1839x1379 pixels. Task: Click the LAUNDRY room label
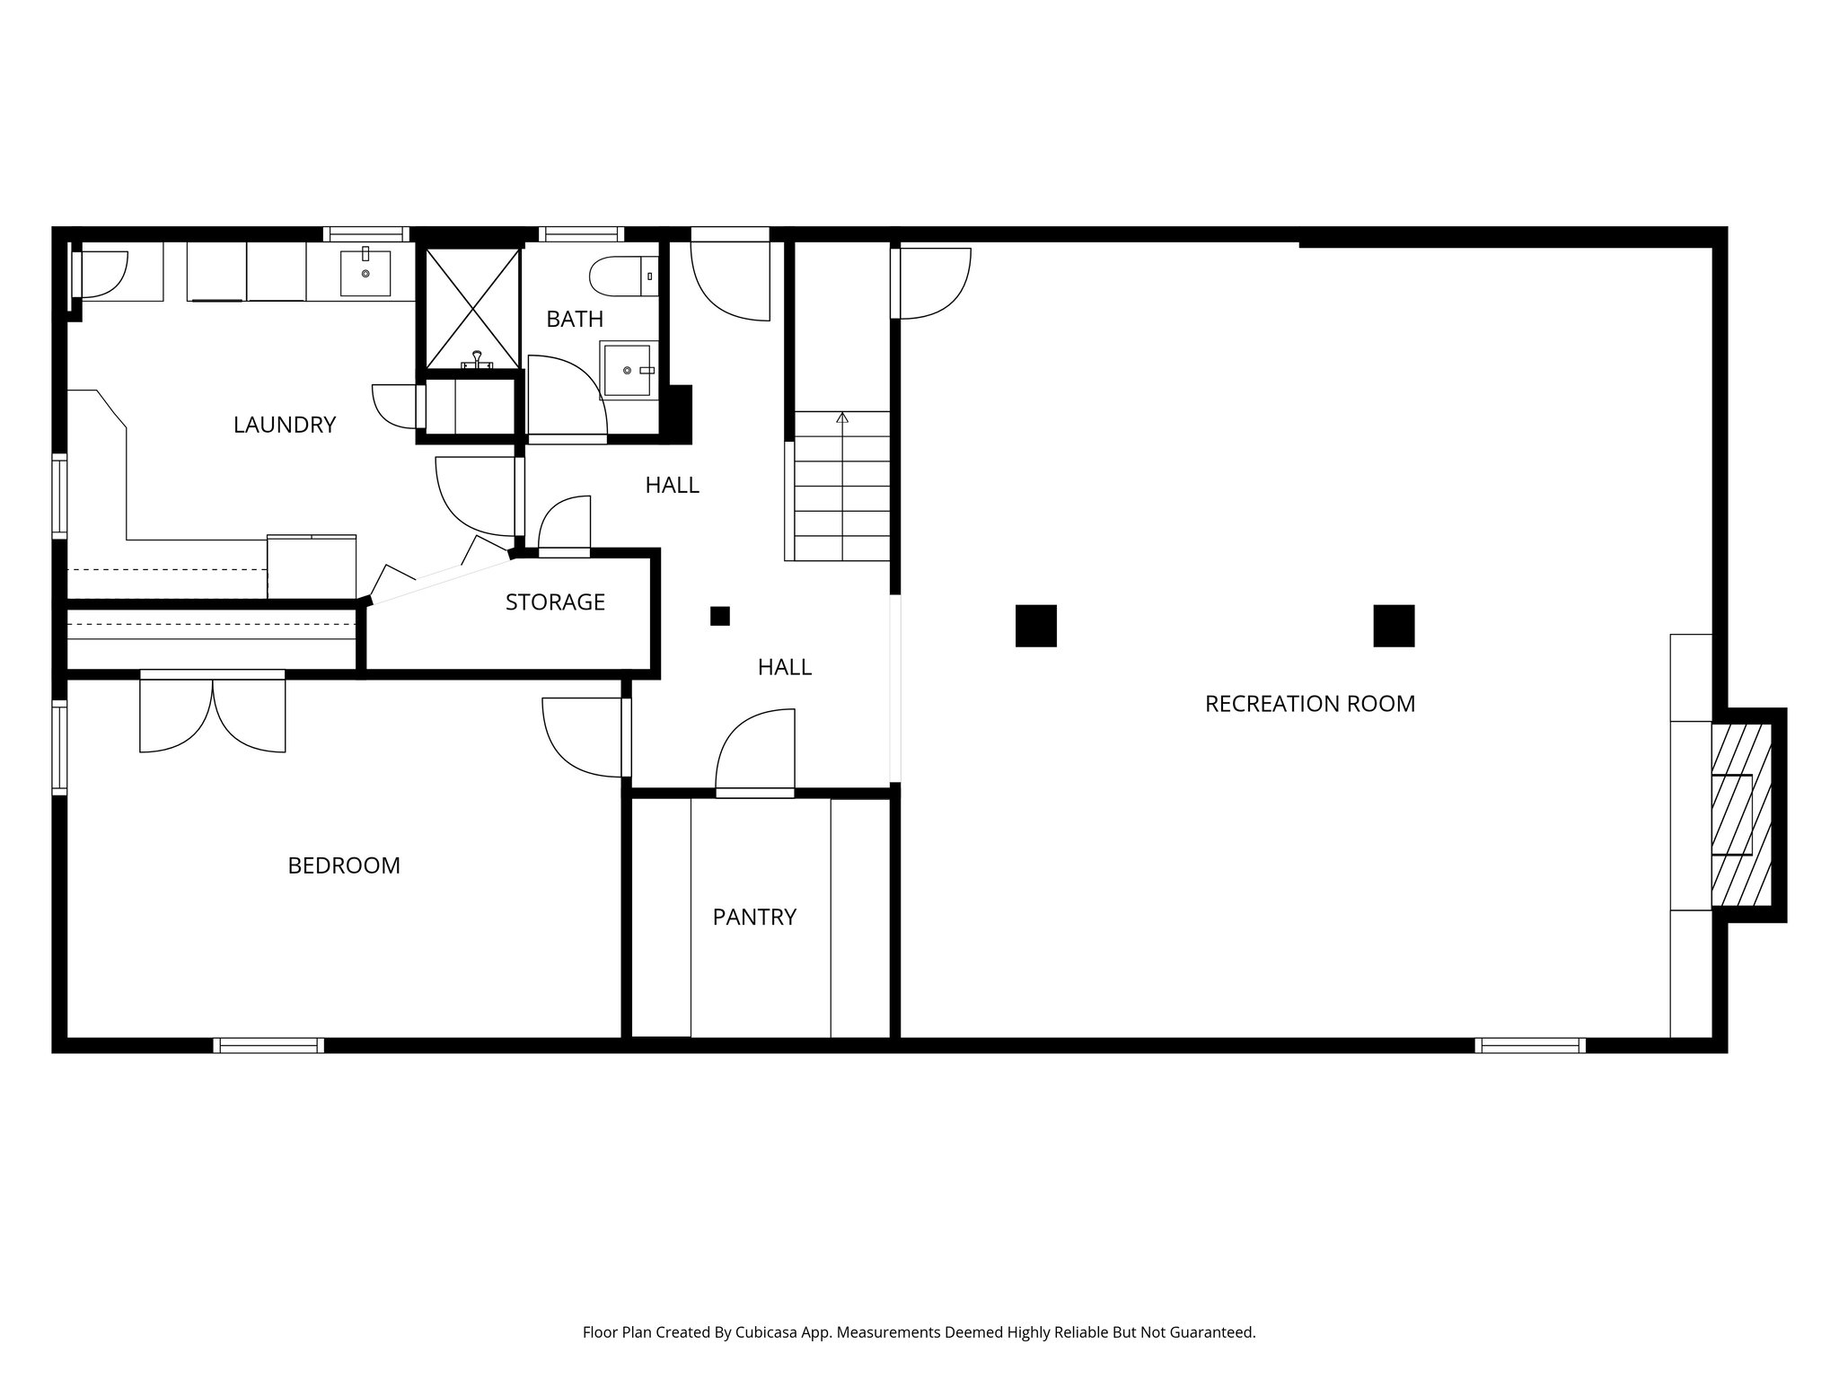[x=284, y=425]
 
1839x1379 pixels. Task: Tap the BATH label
[x=575, y=319]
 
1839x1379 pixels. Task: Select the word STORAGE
[x=555, y=602]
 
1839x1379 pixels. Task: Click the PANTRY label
[x=754, y=917]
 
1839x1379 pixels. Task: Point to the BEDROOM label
[x=344, y=865]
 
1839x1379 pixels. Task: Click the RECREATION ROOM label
[x=1309, y=704]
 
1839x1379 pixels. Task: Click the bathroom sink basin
[x=626, y=370]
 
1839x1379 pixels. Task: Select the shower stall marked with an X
[x=472, y=308]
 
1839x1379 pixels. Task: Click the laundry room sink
[x=365, y=273]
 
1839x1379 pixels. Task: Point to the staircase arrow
[x=841, y=418]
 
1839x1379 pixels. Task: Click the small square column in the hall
[x=719, y=616]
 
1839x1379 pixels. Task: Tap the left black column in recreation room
[x=1035, y=626]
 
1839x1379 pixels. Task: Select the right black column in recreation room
[x=1394, y=626]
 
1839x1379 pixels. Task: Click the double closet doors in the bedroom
[x=213, y=715]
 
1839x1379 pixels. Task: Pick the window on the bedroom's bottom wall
[x=268, y=1045]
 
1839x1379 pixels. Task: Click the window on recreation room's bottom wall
[x=1530, y=1045]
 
